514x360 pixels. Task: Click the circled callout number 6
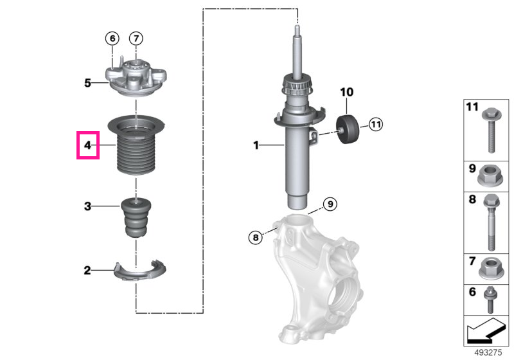[x=112, y=39]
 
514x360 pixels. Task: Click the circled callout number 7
[x=136, y=39]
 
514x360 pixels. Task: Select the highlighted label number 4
[x=87, y=145]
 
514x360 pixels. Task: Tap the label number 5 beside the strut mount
[x=87, y=83]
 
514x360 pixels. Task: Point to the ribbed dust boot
[x=136, y=145]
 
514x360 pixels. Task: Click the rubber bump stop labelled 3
[x=136, y=217]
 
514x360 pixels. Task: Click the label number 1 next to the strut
[x=256, y=145]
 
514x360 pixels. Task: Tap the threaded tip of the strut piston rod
[x=297, y=30]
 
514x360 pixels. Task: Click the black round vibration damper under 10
[x=347, y=129]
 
